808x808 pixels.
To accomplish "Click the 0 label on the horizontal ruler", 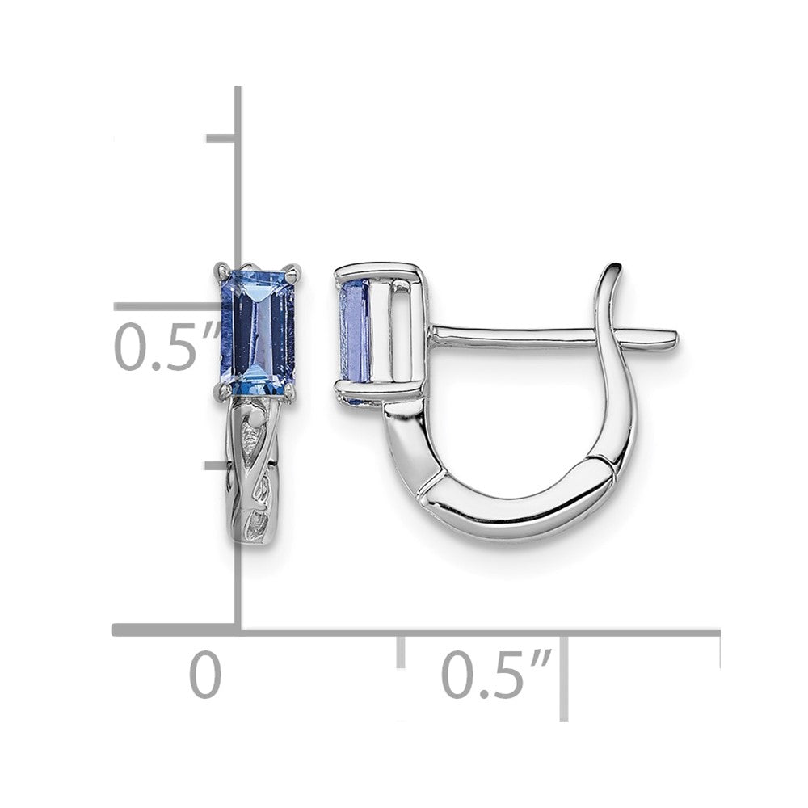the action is point(205,675).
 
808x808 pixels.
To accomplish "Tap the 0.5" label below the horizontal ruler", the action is point(496,674).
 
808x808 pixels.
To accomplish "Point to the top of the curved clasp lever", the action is point(614,269).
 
